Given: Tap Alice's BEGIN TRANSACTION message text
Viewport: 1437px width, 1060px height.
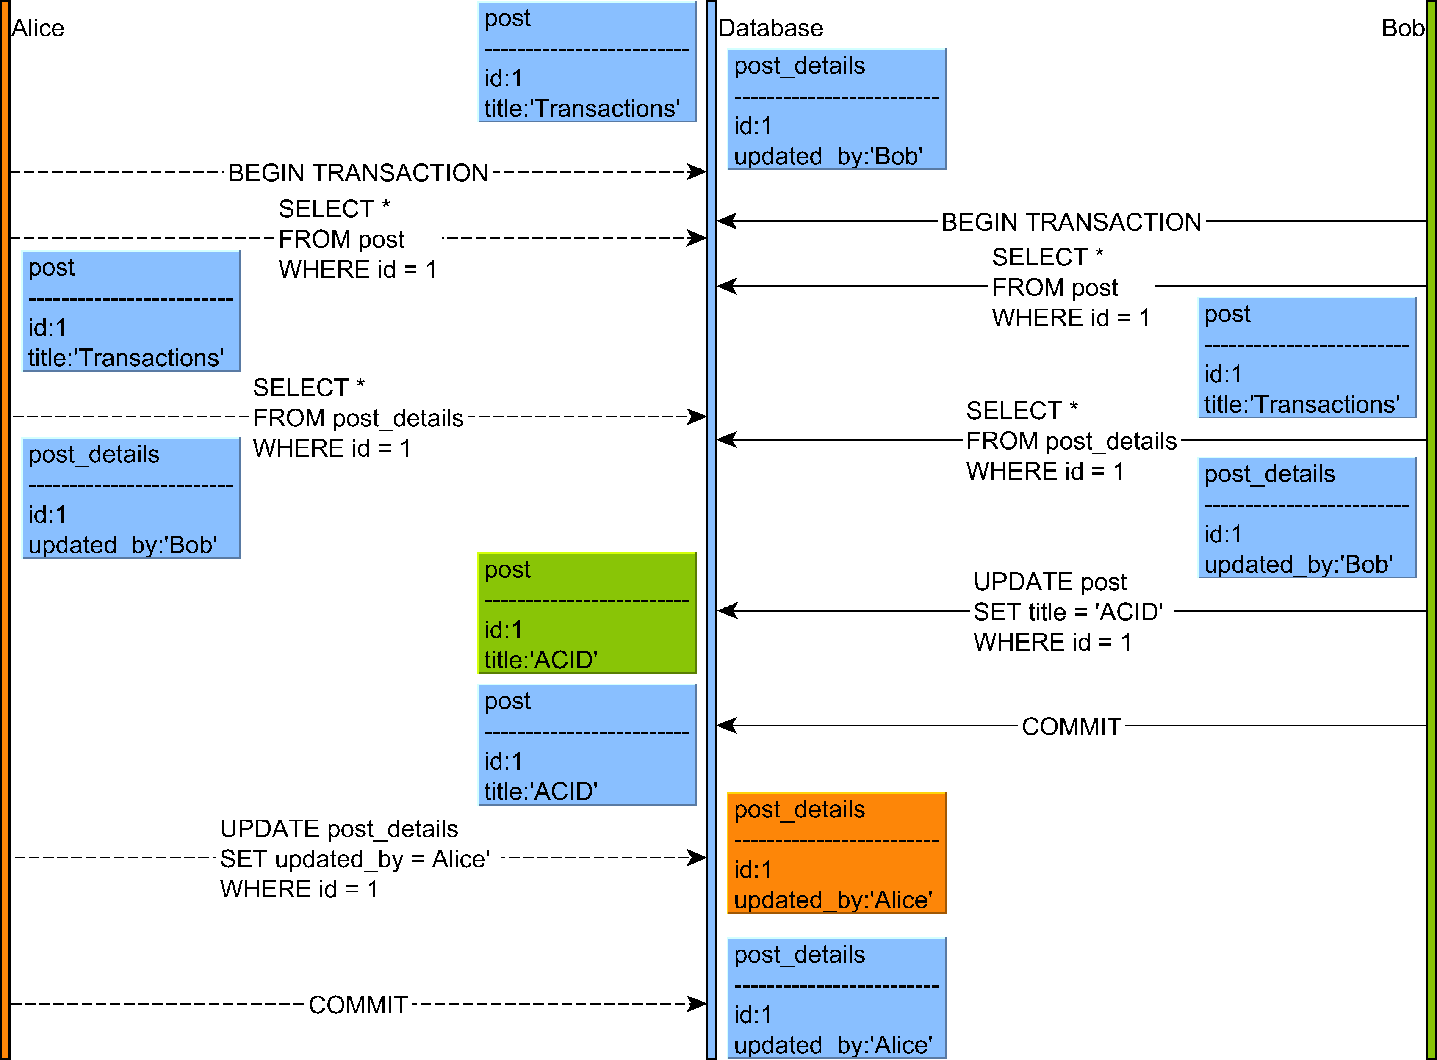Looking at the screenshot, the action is coord(358,173).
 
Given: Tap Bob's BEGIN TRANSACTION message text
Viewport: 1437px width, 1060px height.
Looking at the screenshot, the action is coord(1071,222).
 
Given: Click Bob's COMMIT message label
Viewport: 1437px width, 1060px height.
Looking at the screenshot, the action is coord(1071,726).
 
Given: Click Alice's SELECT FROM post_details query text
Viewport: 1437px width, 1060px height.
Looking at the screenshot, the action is coord(357,418).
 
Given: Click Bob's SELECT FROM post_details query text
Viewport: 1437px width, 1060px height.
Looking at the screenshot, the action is coord(1071,441).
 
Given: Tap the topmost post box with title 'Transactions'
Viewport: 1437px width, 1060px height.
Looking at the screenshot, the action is coord(587,62).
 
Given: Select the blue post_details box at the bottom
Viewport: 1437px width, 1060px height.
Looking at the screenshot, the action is coord(836,998).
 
